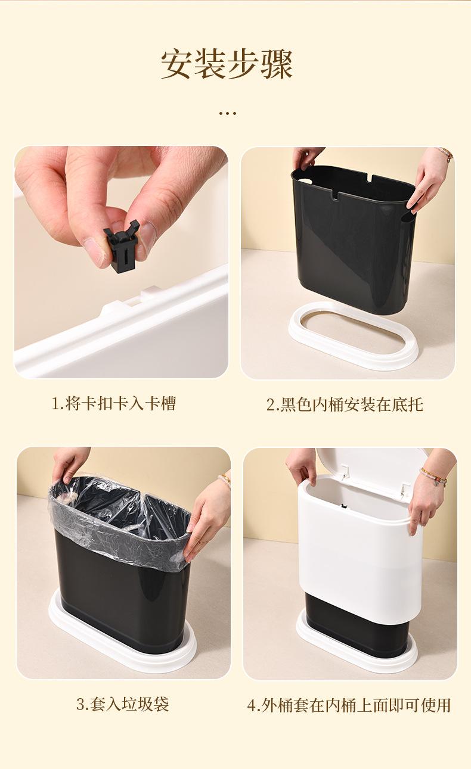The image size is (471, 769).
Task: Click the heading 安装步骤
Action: [x=227, y=64]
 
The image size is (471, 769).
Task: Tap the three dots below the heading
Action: [x=227, y=113]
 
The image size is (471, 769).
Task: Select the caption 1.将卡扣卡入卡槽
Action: [x=114, y=403]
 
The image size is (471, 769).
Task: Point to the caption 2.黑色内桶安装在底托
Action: [x=345, y=404]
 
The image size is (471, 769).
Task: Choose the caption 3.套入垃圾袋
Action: [x=123, y=703]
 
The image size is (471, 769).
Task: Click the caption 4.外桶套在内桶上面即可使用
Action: [x=349, y=705]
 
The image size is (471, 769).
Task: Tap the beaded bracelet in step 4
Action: [x=434, y=477]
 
